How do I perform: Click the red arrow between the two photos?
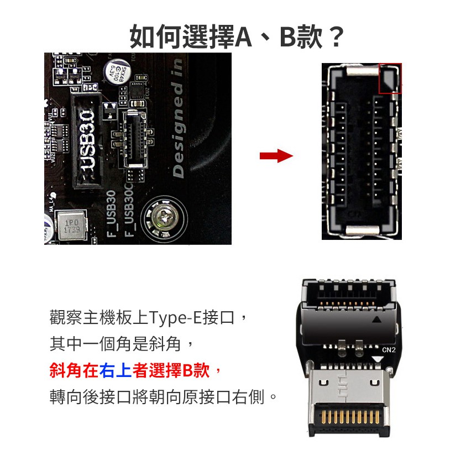(276, 156)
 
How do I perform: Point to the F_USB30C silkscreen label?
(129, 210)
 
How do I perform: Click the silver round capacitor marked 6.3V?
(117, 72)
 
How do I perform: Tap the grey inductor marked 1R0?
(72, 226)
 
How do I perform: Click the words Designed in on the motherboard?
(179, 118)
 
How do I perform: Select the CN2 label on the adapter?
(389, 350)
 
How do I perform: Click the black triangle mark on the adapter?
(377, 320)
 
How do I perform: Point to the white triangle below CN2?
(378, 359)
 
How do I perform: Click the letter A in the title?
(243, 38)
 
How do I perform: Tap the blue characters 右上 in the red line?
(116, 370)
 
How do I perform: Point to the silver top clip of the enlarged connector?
(363, 71)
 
